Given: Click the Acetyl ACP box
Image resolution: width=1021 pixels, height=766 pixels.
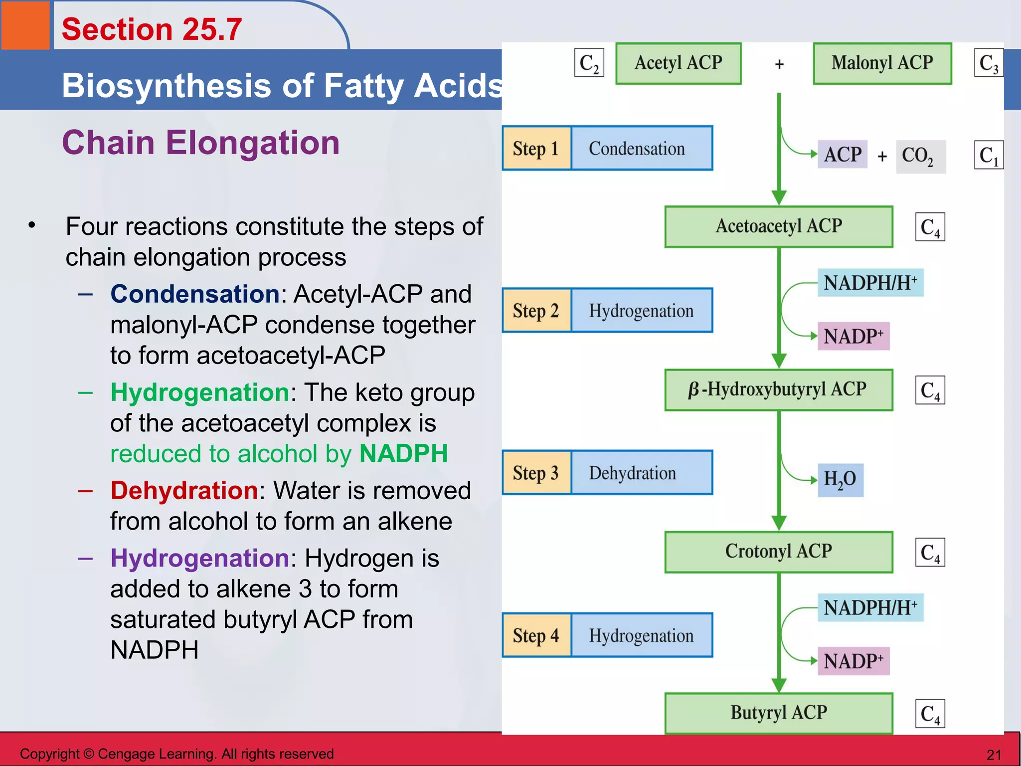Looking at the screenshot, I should coord(678,63).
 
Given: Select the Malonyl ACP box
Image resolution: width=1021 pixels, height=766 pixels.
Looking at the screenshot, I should coord(882,63).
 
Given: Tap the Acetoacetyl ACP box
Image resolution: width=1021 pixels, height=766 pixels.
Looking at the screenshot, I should coord(779,226).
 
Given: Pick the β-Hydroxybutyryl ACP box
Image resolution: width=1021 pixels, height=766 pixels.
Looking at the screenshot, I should coord(779,389).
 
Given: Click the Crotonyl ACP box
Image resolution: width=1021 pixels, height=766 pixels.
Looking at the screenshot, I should coord(779,552).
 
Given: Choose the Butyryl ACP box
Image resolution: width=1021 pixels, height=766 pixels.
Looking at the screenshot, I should coord(779,713).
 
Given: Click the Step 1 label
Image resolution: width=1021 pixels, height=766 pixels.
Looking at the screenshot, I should coord(536,149).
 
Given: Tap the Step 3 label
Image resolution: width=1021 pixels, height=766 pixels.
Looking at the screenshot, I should coord(536,473).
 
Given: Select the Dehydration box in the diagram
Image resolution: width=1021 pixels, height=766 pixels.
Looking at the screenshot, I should coord(641,473).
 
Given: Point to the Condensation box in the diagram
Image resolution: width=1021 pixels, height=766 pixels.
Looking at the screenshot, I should coord(641,149).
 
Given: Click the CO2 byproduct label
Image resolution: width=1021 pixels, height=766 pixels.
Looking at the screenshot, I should coord(920,156).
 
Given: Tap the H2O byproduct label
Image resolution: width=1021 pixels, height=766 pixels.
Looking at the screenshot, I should coord(841,480).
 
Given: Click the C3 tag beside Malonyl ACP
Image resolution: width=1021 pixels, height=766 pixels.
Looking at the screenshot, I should coord(989,63).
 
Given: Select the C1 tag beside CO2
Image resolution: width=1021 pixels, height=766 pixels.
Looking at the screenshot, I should coord(989,156).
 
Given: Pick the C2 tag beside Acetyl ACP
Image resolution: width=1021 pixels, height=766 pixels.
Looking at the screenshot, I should coord(589,63).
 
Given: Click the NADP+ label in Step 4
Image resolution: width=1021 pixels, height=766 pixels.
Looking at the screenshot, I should coord(853,661).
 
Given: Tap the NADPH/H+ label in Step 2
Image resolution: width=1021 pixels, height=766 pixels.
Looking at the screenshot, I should coord(870,283).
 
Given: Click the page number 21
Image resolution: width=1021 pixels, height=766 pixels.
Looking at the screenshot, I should coord(994,755).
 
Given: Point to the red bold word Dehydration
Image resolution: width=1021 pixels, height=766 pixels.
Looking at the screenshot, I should coord(184,490).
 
